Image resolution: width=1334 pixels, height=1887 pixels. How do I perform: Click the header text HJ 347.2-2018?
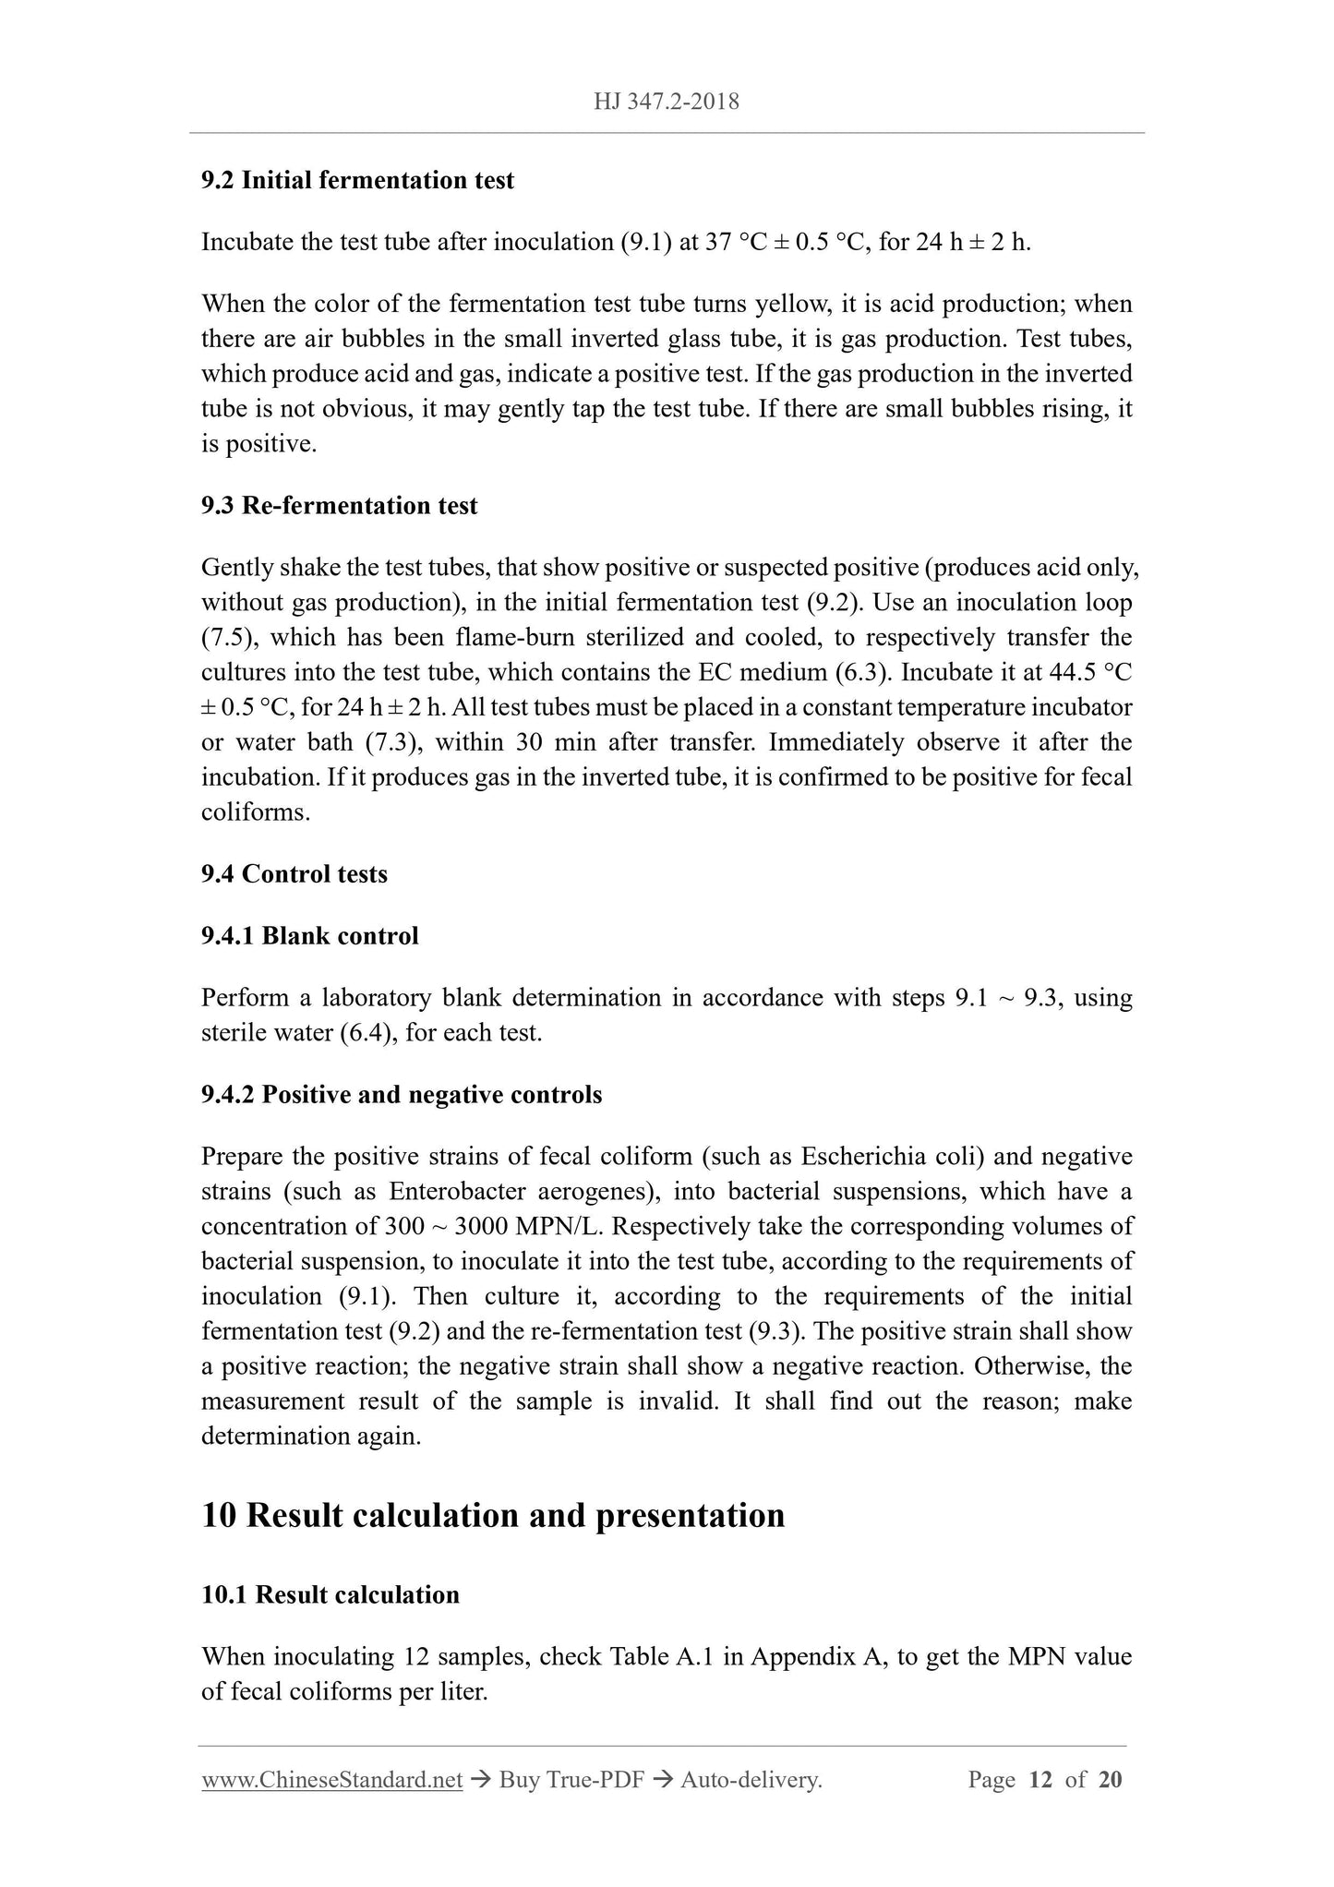[x=667, y=102]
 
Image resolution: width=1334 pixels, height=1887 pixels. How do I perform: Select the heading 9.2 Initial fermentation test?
[x=357, y=180]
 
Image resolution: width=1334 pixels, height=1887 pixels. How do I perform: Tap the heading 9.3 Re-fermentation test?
[x=339, y=506]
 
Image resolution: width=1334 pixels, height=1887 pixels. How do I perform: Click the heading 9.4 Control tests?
[x=294, y=873]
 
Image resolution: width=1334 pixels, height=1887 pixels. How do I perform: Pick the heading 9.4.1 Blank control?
[x=309, y=936]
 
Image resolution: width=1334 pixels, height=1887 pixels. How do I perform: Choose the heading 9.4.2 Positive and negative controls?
[x=401, y=1095]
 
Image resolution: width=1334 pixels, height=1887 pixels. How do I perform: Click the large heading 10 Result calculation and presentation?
[x=493, y=1515]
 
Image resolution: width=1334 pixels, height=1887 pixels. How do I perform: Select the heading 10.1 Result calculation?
[x=330, y=1595]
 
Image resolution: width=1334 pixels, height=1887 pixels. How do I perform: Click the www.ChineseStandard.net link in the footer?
[x=331, y=1780]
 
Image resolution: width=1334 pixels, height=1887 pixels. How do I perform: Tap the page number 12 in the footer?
[x=1040, y=1780]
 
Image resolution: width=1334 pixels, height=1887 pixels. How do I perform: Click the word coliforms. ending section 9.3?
[x=256, y=813]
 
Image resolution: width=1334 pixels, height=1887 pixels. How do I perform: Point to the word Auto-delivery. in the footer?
[x=751, y=1780]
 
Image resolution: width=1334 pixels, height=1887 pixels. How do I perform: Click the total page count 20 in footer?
[x=1111, y=1780]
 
